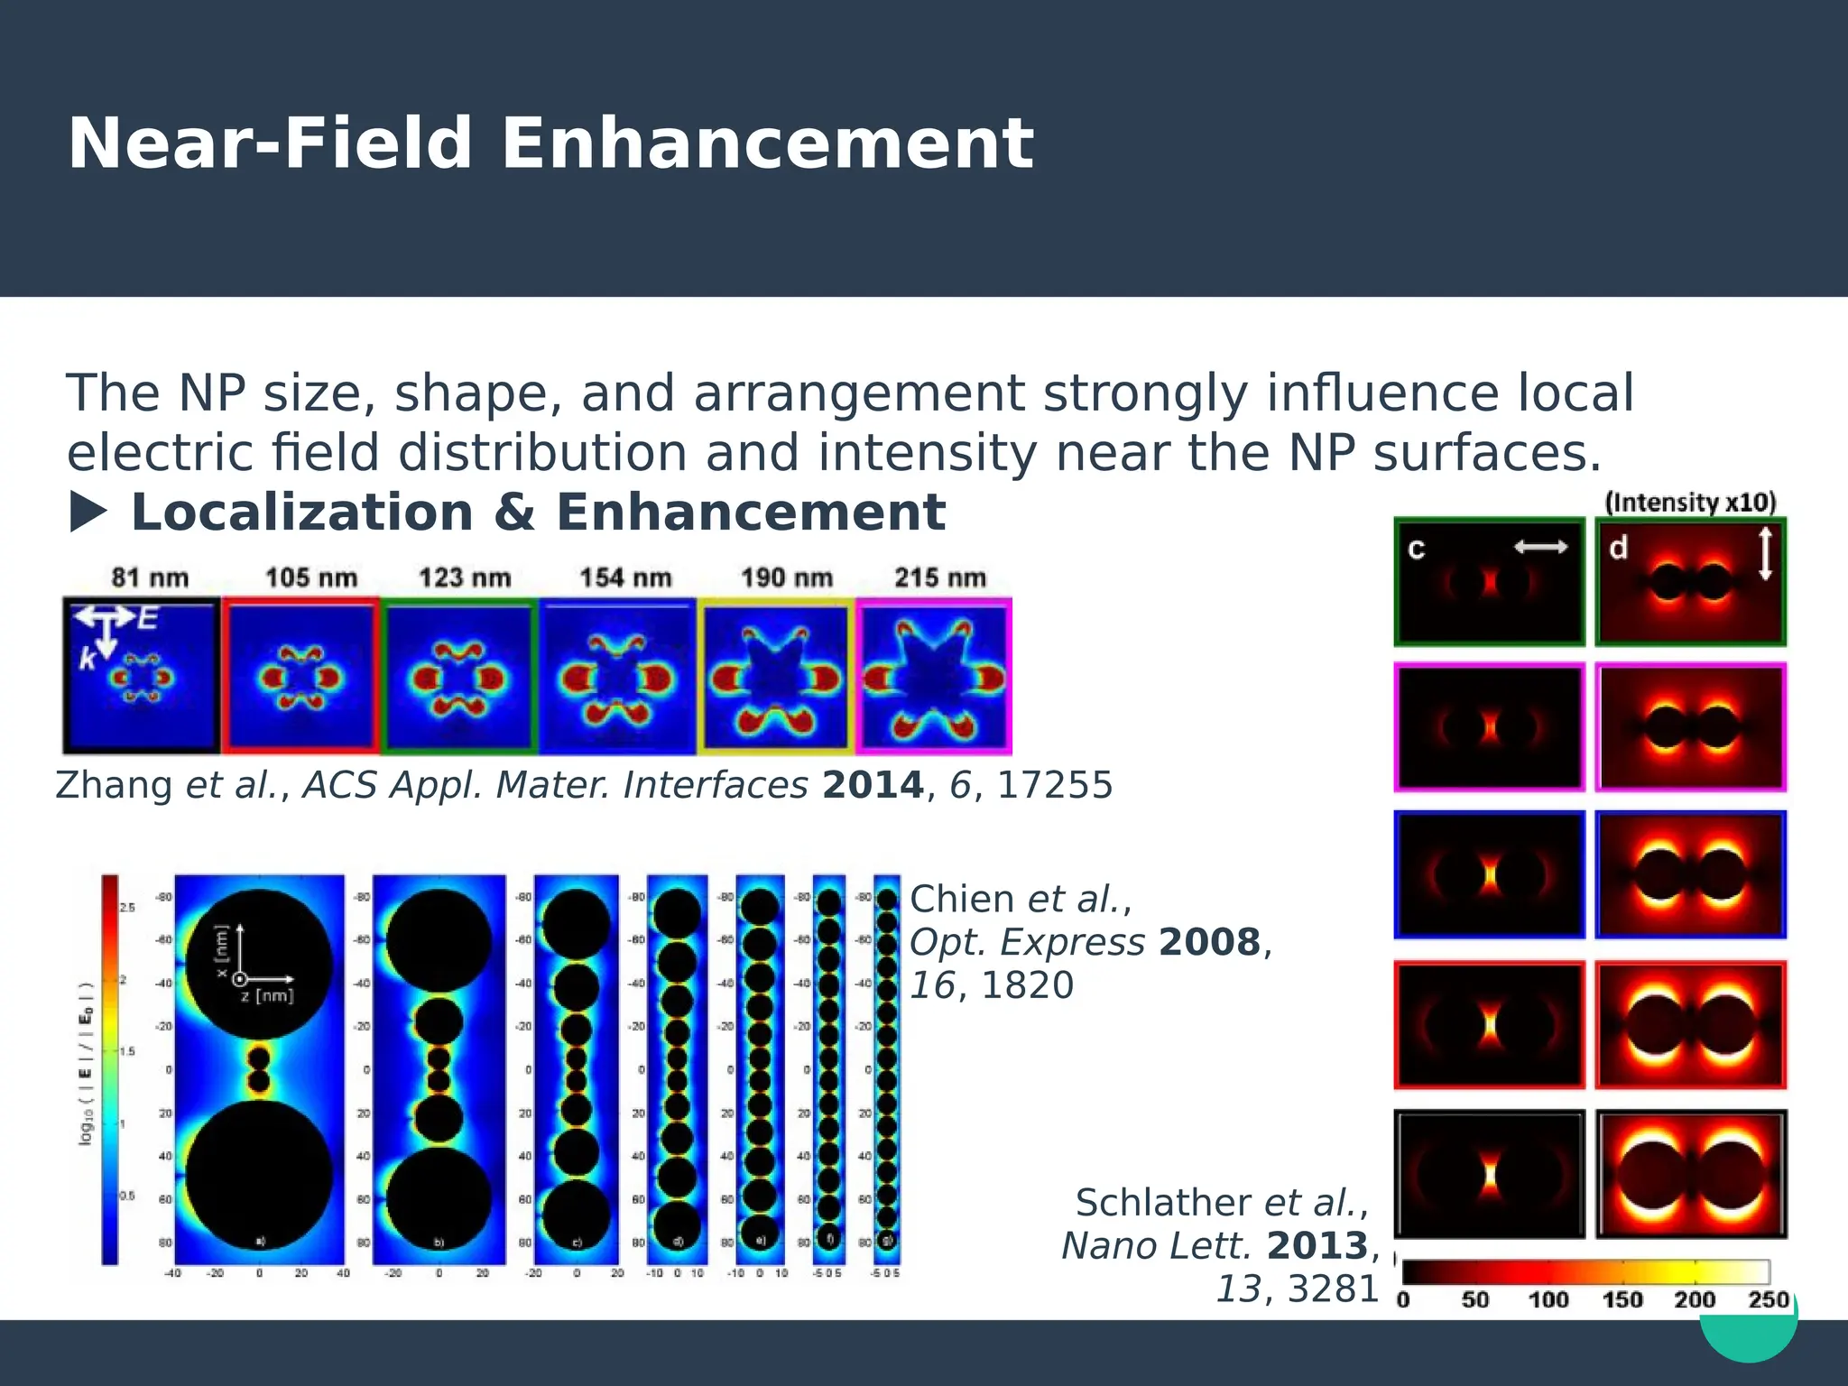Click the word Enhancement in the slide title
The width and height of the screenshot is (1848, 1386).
coord(766,143)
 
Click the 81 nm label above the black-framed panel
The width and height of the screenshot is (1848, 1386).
coord(150,577)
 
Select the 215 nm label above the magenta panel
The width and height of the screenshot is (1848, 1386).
coord(940,577)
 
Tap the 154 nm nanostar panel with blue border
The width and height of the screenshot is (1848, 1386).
coord(617,677)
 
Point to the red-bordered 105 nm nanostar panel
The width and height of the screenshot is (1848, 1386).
coord(301,677)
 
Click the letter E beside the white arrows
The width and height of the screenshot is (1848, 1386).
coord(148,618)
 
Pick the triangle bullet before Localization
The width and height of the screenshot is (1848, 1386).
coord(88,513)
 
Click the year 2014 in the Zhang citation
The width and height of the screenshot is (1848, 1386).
coord(873,785)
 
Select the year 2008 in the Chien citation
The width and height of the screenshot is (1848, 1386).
coord(1209,942)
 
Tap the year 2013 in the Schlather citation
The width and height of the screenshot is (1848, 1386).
coord(1317,1246)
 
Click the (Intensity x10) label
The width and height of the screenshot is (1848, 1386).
coord(1690,503)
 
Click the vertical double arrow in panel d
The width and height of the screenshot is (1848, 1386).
coord(1765,553)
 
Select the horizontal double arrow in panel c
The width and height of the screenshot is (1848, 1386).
coord(1540,546)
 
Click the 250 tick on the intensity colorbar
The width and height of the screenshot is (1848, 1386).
coord(1768,1299)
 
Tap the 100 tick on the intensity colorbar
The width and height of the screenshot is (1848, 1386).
coord(1548,1299)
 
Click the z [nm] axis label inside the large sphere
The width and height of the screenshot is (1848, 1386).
coord(267,996)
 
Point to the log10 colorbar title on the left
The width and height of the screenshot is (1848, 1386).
coord(87,1065)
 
